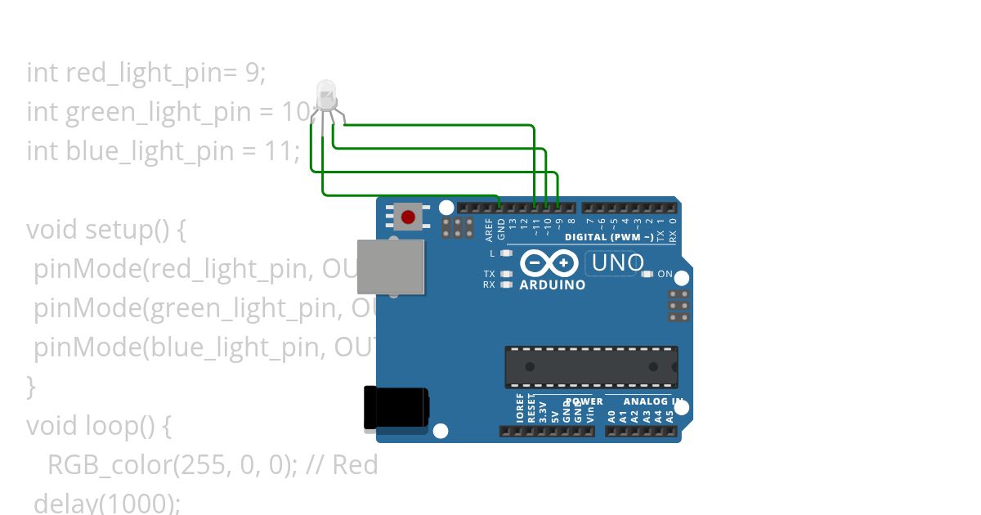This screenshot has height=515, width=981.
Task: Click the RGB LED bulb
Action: (x=325, y=95)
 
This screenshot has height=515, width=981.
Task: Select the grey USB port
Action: (x=391, y=266)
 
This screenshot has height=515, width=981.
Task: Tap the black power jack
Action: (x=396, y=408)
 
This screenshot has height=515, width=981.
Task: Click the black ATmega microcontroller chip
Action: (x=591, y=367)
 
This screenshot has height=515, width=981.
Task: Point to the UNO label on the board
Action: (x=617, y=263)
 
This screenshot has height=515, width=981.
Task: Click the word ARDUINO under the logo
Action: (x=553, y=285)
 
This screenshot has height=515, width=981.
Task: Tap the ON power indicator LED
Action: (x=648, y=275)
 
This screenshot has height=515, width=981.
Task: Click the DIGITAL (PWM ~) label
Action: (x=609, y=237)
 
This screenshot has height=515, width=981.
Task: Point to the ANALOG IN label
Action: (x=652, y=401)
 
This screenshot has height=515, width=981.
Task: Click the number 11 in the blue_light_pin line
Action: (x=284, y=151)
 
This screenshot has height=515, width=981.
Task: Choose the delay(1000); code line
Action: (x=106, y=502)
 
